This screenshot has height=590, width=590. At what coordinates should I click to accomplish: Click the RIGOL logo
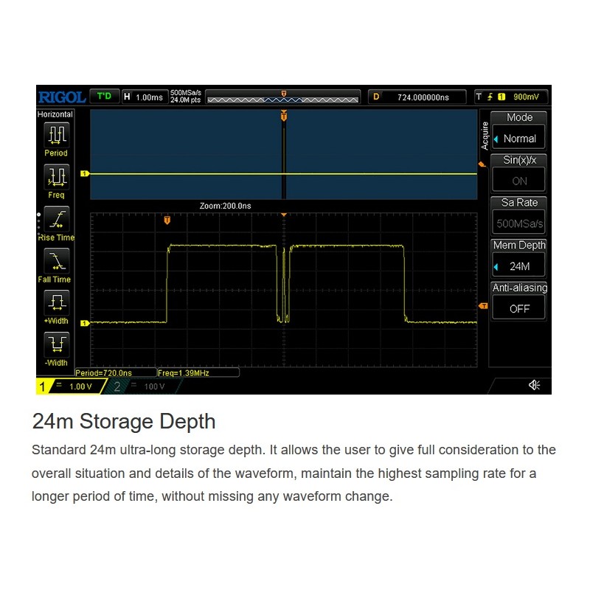point(62,97)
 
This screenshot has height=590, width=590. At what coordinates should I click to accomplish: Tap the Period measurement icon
point(57,135)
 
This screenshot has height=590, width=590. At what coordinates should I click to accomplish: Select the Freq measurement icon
point(57,177)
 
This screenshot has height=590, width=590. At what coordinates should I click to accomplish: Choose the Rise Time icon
point(57,219)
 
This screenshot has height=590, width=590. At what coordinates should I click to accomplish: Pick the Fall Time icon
point(57,261)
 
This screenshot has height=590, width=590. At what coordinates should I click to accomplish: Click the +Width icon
point(57,303)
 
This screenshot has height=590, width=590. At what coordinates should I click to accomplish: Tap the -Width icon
point(57,344)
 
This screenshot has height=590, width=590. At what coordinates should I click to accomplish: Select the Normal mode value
point(520,139)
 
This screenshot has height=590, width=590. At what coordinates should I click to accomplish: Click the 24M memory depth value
point(520,266)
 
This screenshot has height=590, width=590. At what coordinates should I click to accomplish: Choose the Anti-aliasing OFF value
point(520,309)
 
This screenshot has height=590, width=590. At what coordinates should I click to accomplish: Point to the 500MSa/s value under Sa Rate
point(520,224)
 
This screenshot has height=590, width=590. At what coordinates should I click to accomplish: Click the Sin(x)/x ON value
point(520,181)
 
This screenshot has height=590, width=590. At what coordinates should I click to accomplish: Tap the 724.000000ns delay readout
point(423,97)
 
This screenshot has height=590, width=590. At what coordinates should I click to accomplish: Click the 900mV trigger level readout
point(526,97)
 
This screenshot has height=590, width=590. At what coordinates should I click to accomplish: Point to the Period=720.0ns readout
point(103,373)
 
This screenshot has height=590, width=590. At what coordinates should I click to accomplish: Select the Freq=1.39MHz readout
point(183,373)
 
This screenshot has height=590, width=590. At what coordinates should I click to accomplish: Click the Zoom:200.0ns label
point(225,206)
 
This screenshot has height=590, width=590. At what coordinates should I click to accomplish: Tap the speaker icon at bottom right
point(534,385)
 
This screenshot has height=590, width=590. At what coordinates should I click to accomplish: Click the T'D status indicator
point(104,97)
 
